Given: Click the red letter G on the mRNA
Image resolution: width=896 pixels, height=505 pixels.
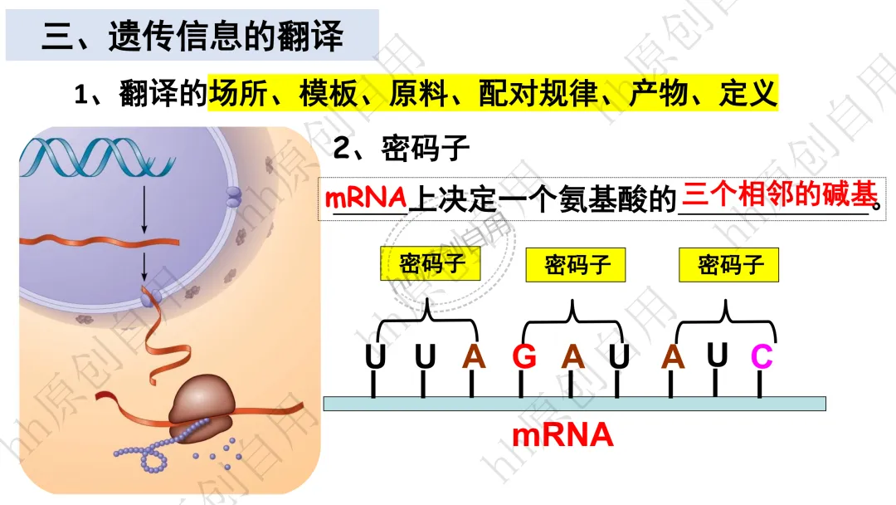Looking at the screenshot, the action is coord(524,357).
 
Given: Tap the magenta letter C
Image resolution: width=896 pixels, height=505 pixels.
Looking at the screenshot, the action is coord(761,356).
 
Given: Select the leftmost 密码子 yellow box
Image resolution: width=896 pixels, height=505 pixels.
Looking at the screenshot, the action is coord(431,263).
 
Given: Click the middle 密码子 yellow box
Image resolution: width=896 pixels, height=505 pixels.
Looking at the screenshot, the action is coord(576,265).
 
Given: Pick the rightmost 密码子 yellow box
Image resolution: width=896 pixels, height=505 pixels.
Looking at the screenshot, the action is coord(728,265).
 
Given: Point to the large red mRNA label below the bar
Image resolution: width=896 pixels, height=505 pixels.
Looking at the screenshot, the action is coord(562,435).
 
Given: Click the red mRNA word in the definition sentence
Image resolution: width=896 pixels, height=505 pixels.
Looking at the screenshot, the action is coord(366,198).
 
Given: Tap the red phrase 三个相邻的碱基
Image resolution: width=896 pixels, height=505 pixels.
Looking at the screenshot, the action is coord(779,195).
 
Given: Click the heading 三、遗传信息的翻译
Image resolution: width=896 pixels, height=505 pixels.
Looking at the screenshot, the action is coord(192,36).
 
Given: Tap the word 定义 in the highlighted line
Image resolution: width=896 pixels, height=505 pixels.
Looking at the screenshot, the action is coord(748,93).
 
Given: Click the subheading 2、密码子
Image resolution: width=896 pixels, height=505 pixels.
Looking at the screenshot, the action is coord(402,149).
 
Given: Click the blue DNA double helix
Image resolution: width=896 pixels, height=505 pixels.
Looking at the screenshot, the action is coord(97,157).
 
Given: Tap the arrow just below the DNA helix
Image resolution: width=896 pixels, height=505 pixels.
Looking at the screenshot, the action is coord(144,209).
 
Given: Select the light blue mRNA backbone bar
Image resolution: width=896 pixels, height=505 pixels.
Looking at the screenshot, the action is coord(574,404).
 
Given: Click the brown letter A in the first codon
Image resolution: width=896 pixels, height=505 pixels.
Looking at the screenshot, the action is coord(474,357).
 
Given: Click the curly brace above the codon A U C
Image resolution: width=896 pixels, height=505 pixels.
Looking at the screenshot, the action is coord(726,321).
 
